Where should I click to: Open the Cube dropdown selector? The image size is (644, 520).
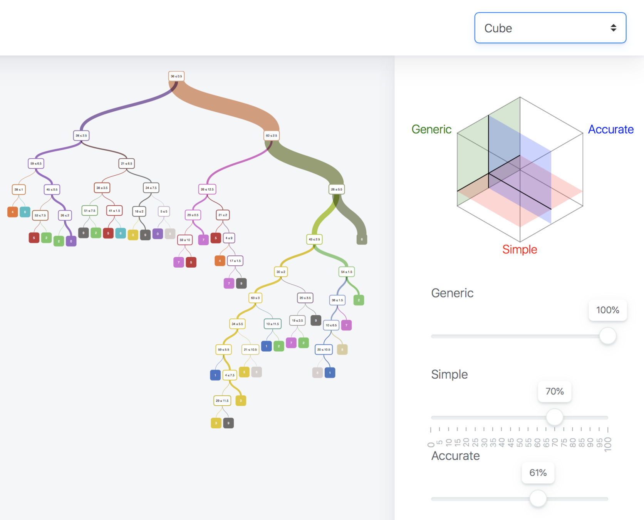(550, 28)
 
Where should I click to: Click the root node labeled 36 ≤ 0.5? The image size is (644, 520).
(176, 76)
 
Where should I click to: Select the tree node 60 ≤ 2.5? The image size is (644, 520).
(272, 136)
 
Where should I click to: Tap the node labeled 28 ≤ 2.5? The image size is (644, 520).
(81, 136)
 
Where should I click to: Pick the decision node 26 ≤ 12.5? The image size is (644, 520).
(207, 189)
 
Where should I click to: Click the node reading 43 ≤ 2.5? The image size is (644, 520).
(314, 239)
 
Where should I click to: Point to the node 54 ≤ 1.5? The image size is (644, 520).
(346, 272)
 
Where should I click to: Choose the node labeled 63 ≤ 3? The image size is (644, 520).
(255, 298)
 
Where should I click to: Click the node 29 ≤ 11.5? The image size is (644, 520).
(222, 401)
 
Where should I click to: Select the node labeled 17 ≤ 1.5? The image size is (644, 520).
(235, 261)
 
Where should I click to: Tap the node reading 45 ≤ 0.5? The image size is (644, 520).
(52, 190)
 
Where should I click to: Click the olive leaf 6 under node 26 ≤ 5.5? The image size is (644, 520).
(362, 240)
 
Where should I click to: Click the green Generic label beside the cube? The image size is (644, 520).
(431, 129)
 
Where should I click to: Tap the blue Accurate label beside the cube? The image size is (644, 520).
(610, 129)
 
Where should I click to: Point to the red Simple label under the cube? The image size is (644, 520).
(520, 250)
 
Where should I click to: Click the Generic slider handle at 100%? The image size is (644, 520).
(607, 336)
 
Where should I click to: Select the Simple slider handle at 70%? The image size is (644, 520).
(555, 417)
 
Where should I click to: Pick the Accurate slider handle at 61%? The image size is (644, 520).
(538, 498)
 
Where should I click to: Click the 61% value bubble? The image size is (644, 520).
(538, 473)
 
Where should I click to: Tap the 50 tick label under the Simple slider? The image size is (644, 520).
(520, 443)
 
